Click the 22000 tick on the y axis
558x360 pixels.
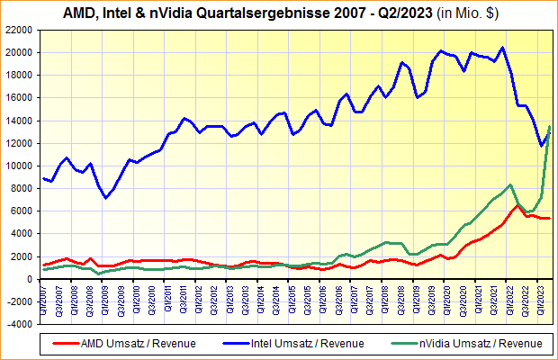click(x=20, y=30)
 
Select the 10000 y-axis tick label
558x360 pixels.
click(x=20, y=166)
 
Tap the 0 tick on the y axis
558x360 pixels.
click(x=31, y=279)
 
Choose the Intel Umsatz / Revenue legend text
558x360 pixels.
click(x=307, y=343)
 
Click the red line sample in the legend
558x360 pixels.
click(x=65, y=343)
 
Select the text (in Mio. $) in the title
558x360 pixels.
click(x=468, y=13)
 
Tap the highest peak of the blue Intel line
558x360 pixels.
click(x=502, y=48)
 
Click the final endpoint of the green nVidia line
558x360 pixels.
click(x=550, y=127)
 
